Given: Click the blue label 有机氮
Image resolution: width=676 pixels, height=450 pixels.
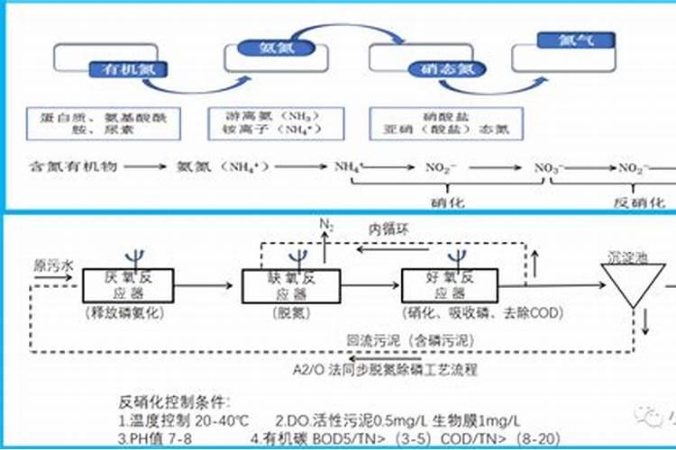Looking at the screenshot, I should click(119, 68).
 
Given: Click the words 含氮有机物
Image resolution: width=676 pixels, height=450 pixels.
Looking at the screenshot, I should click(68, 167).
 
